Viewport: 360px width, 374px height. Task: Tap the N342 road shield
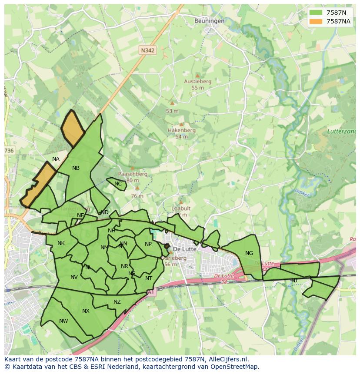147,50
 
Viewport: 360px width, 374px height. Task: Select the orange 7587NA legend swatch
316,21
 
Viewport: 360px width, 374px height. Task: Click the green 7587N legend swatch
316,13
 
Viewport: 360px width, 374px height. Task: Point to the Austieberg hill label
197,81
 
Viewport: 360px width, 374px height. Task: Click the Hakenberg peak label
181,130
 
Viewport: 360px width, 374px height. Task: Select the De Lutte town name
185,249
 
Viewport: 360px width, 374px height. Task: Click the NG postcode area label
249,253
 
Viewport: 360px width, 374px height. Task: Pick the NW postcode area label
63,321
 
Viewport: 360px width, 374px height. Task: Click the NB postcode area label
76,168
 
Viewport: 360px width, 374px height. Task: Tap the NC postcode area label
118,184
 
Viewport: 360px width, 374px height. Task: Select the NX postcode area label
86,311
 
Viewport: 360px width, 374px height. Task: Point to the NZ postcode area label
117,302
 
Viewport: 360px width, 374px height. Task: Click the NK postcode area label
61,243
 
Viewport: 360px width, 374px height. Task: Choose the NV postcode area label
74,277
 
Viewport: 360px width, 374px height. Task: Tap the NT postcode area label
149,278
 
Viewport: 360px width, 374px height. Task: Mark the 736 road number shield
9,151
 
